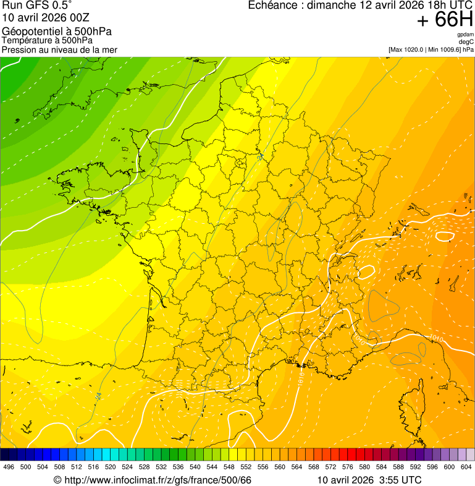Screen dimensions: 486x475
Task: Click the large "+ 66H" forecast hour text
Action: click(445, 20)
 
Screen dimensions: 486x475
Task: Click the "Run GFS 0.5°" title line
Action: click(36, 6)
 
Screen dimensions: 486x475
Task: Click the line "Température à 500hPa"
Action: click(47, 41)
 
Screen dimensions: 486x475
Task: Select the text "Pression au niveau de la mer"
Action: click(59, 49)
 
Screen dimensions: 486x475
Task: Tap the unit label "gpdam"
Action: click(465, 35)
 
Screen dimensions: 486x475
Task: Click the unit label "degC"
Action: click(467, 41)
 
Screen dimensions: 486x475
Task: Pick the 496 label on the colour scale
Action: click(9, 467)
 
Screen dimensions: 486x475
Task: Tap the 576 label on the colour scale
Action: click(348, 467)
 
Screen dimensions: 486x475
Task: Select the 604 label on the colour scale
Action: click(466, 467)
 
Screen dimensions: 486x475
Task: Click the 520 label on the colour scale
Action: click(111, 467)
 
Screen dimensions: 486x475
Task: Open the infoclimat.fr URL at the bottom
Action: click(158, 480)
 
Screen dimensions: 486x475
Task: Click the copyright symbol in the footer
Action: click(57, 480)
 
